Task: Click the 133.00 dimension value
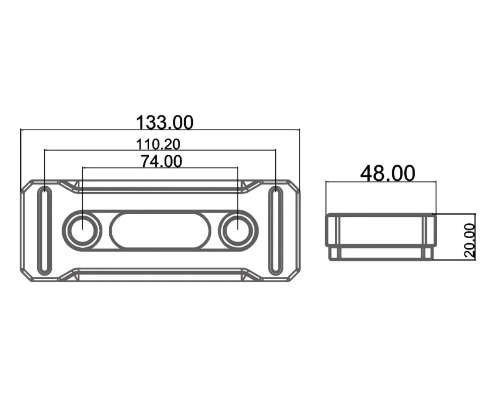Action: tap(165, 122)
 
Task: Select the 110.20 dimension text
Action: tap(158, 144)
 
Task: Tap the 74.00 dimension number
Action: tap(161, 161)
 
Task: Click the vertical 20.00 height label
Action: tap(470, 241)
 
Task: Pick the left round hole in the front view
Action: tap(82, 230)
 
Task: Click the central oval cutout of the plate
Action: tap(160, 230)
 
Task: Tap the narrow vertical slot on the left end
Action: tap(45, 231)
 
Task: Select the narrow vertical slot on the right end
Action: tap(275, 231)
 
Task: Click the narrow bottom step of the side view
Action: tap(380, 253)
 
